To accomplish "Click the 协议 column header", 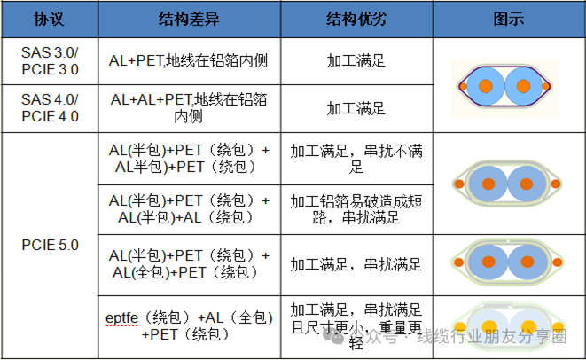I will coord(49,19).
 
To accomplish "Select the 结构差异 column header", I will coord(189,19).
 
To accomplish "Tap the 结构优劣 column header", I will coord(356,19).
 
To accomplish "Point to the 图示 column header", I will coord(506,19).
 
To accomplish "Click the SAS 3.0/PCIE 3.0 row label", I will coord(50,61).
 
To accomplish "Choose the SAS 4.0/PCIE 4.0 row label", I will coord(50,107).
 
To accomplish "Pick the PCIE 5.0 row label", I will coord(50,241).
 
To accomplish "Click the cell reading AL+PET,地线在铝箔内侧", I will coord(189,61).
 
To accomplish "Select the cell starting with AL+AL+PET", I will coord(189,107).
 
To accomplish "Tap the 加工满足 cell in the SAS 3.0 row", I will coord(356,61).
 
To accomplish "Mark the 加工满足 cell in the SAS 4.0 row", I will coord(356,108).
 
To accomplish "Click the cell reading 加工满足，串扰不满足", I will coord(356,158).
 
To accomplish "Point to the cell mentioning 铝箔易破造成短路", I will coord(356,208).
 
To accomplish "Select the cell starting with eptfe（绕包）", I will coord(189,325).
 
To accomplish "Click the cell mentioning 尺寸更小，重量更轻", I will coord(356,324).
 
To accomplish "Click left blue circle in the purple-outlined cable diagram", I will coord(485,87).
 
